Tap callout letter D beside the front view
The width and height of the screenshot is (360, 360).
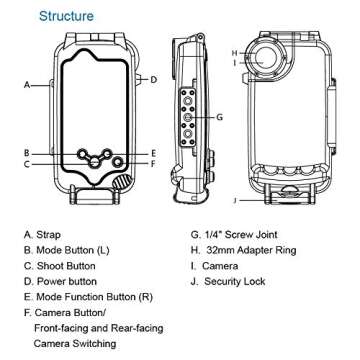click(x=153, y=78)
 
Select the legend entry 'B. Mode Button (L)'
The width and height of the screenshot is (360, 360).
click(x=73, y=255)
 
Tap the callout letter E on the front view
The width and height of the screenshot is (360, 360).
click(x=153, y=153)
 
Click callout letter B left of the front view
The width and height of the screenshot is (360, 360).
click(x=28, y=153)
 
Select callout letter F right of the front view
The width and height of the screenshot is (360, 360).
click(x=153, y=163)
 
